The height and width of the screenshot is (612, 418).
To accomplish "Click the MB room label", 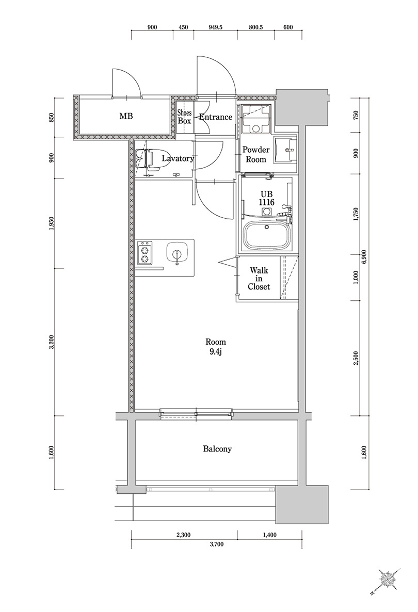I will [x=126, y=117].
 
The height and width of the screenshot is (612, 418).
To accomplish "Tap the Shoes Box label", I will [x=184, y=117].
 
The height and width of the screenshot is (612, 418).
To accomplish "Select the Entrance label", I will [x=215, y=117].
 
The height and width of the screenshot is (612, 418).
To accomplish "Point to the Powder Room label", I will [x=256, y=155].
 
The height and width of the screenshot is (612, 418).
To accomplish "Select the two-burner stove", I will [x=146, y=252].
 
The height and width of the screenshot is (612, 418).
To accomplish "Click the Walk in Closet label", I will [x=259, y=279].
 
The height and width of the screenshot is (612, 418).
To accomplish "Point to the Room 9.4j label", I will [x=215, y=347].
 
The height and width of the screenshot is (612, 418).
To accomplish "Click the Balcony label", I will [x=217, y=449].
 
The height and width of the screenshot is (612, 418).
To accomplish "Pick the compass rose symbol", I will [x=388, y=580].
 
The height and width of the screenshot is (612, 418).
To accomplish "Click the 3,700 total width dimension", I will [x=216, y=544].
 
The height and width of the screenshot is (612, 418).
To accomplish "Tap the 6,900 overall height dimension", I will [x=364, y=256].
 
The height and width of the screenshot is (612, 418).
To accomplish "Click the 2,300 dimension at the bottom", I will [x=183, y=535].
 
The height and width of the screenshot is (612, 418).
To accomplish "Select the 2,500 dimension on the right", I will [x=356, y=357].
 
